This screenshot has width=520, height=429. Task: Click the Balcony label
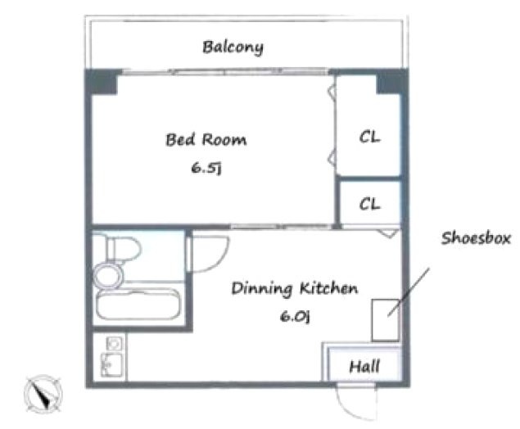pos(233,47)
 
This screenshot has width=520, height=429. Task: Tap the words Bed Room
pos(206,139)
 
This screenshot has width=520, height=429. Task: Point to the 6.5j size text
pos(206,168)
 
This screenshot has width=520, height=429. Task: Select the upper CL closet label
pos(370,137)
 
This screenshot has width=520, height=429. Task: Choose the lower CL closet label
pos(370,204)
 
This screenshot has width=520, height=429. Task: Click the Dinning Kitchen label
pos(295,288)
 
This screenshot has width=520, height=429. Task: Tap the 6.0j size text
pos(295,316)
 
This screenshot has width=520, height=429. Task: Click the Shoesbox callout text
pos(476,238)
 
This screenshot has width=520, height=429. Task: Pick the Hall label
pos(364,366)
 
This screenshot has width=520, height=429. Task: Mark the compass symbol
pos(43,394)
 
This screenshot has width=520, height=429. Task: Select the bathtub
pos(138,304)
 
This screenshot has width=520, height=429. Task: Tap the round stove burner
pos(114,344)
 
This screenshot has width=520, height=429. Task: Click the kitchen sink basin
pos(111,364)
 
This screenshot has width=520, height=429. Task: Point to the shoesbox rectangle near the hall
pos(385,320)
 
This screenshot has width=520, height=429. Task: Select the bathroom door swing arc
pos(215,262)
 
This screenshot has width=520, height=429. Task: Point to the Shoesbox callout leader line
pos(409,292)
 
